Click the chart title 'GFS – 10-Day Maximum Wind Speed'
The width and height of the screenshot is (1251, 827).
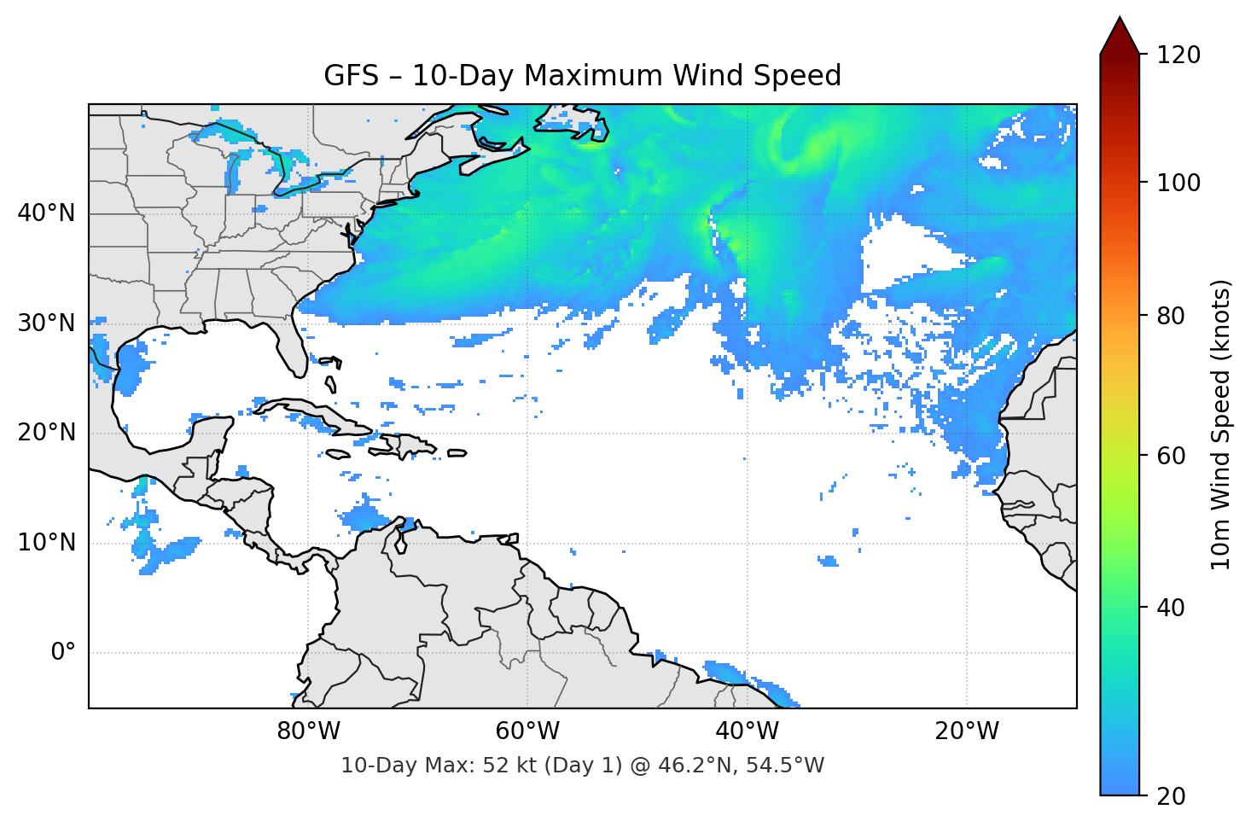tap(582, 76)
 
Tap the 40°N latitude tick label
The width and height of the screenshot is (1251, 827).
tap(46, 213)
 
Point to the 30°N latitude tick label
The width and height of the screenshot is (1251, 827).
tap(46, 323)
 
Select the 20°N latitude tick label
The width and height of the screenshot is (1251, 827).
tap(46, 433)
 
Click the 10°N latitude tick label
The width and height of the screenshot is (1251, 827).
tap(46, 543)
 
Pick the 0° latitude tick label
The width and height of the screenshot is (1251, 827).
tap(63, 653)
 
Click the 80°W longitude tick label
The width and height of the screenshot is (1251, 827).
tap(308, 731)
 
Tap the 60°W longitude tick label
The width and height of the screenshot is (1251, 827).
tap(527, 731)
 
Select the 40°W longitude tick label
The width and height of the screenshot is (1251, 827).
tap(747, 731)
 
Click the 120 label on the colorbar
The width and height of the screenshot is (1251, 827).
tap(1178, 55)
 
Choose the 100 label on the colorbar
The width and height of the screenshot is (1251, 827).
tap(1178, 183)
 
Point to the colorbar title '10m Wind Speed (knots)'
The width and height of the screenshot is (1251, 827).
tap(1221, 424)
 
